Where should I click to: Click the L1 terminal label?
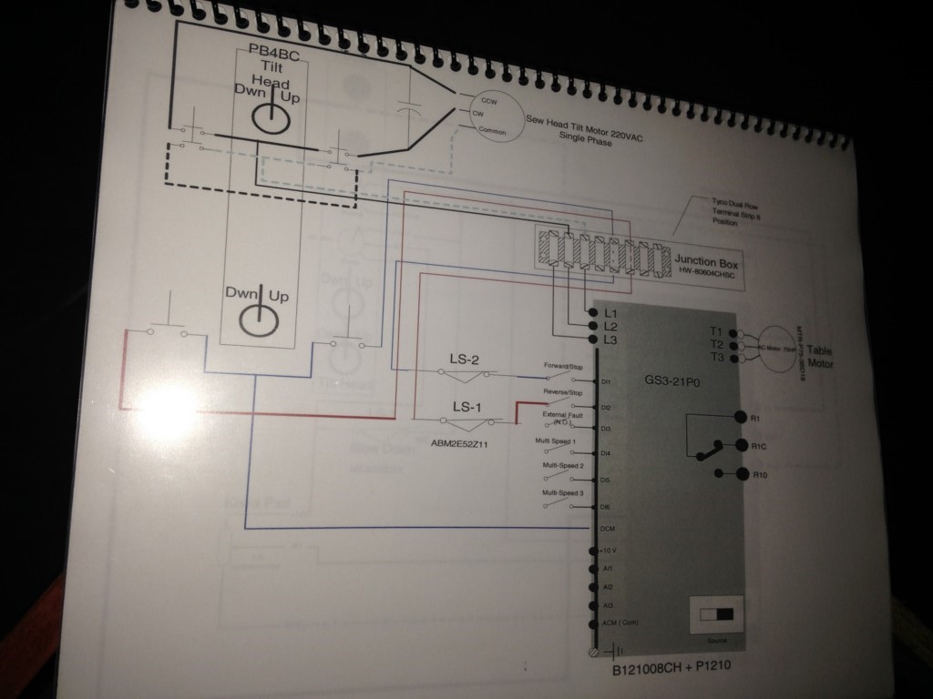tap(610, 313)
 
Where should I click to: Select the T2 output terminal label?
tap(716, 344)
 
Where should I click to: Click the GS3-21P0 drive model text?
tap(672, 383)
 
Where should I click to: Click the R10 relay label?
tap(761, 474)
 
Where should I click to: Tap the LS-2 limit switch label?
tap(466, 359)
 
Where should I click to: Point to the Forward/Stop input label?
tap(565, 366)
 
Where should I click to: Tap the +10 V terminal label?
tap(609, 551)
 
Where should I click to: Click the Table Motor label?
tap(819, 357)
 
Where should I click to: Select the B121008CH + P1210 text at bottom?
tap(672, 666)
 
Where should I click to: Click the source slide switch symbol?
tap(716, 614)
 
